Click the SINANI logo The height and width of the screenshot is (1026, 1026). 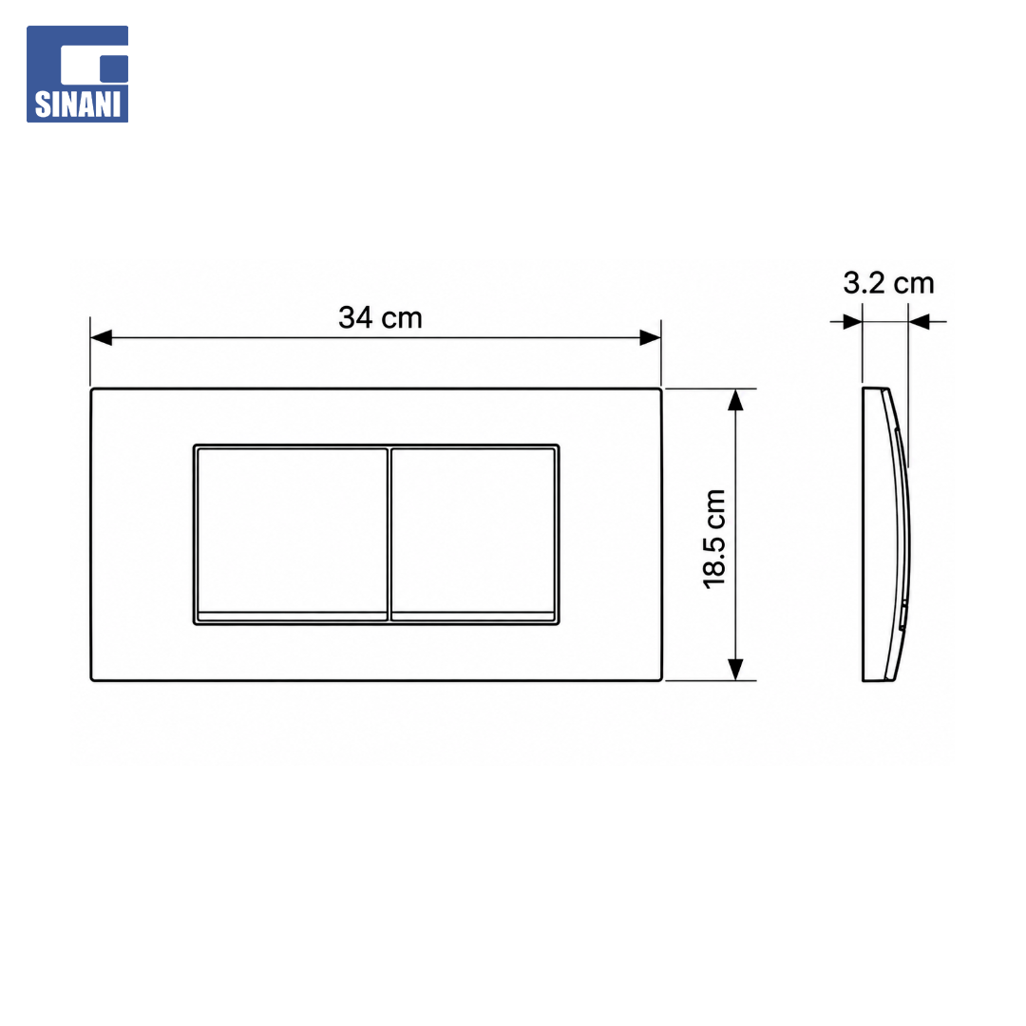tap(77, 74)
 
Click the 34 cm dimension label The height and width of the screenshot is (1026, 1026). tap(380, 318)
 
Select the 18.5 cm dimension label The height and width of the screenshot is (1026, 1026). tap(714, 539)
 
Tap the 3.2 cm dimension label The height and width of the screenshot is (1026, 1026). tap(888, 283)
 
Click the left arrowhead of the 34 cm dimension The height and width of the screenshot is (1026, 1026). tap(101, 337)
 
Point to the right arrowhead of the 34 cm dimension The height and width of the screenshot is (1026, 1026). tap(651, 337)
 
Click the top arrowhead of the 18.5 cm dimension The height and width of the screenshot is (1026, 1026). tap(735, 400)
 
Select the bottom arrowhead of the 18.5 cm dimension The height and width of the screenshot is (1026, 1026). tap(735, 670)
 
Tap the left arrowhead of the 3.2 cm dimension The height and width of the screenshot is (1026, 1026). tap(852, 321)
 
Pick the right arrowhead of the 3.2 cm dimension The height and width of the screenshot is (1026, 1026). tap(919, 321)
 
